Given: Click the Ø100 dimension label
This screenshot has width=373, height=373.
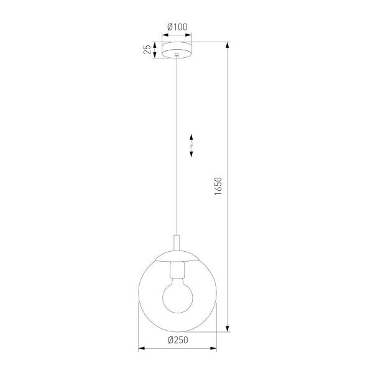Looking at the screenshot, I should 178,27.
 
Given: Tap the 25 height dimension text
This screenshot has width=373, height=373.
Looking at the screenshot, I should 147,50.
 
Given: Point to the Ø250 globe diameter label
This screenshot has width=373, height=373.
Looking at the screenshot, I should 178,339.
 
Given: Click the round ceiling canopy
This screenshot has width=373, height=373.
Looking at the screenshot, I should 178,49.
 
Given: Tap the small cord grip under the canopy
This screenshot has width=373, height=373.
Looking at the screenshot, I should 178,58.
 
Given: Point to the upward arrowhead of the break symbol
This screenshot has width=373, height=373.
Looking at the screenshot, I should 191,137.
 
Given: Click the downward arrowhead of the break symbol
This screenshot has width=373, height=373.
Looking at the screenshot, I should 191,154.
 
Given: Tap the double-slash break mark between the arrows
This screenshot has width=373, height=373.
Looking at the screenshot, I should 191,146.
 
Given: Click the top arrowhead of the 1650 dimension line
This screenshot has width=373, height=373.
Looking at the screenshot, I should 228,45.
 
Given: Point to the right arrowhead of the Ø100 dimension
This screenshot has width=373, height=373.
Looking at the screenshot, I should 191,34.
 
